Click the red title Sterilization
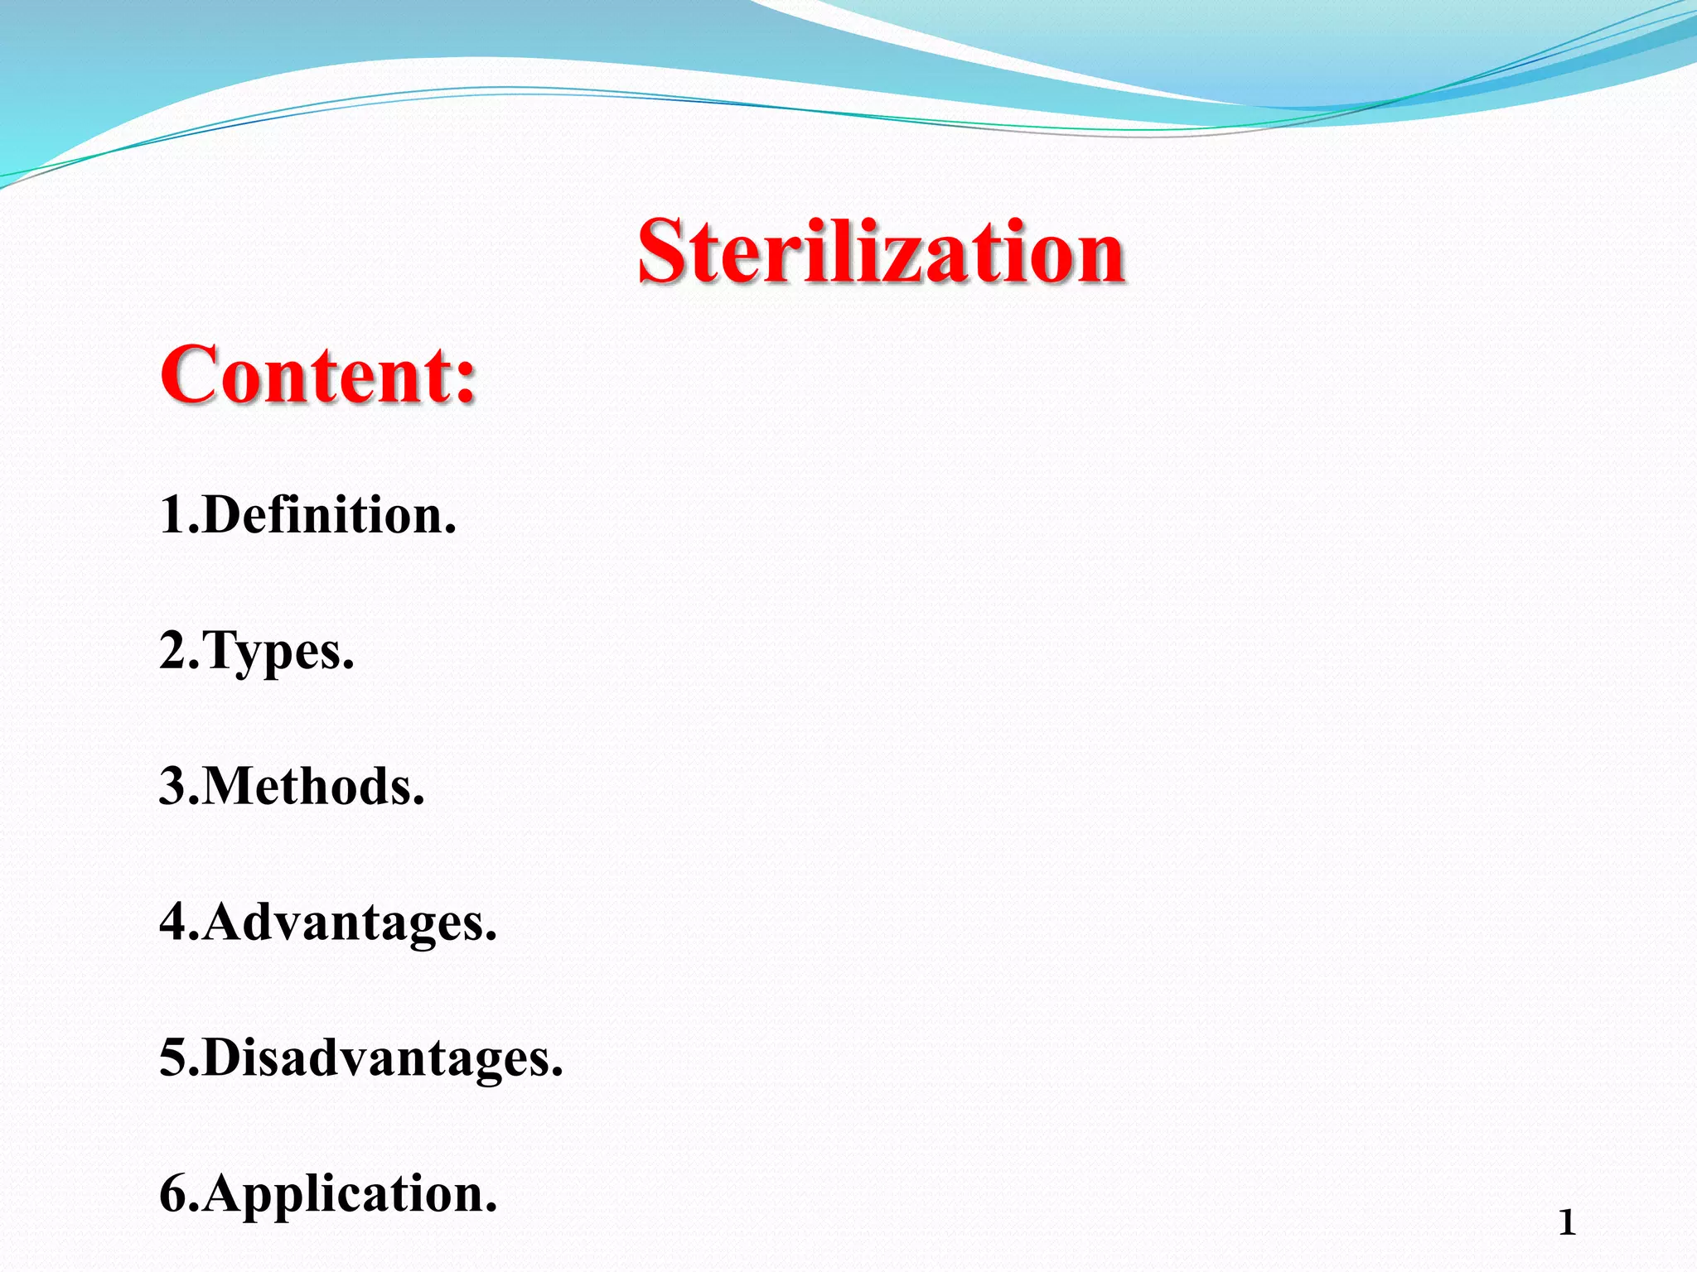881,252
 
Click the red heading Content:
319,375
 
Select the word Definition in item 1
323,515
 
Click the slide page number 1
1566,1223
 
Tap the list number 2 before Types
175,651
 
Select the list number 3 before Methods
175,786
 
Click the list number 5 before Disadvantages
175,1058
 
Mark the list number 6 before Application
175,1194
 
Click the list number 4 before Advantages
175,922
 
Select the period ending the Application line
491,1210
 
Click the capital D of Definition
222,515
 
